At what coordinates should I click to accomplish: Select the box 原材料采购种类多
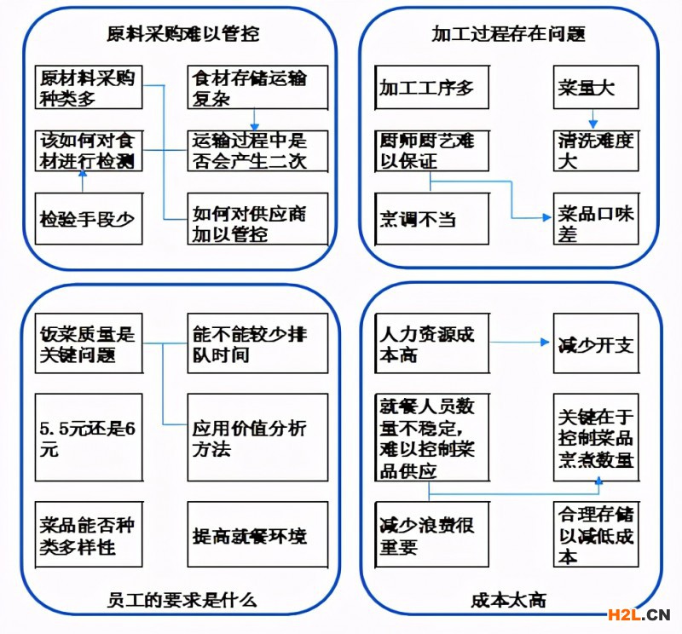(88, 87)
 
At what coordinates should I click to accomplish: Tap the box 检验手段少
(88, 219)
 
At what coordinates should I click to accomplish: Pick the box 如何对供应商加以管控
(257, 219)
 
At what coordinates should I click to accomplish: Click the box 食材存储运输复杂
(257, 87)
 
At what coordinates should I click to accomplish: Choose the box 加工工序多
(432, 87)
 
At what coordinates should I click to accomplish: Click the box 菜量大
(595, 87)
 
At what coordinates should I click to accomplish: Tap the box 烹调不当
(432, 219)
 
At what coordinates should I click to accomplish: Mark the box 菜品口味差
(595, 222)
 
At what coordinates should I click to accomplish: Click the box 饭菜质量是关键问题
(88, 343)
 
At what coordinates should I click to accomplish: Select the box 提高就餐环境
(257, 535)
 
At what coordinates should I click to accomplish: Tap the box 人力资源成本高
(432, 343)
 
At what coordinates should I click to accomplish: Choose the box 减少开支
(595, 343)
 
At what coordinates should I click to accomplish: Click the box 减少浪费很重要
(432, 535)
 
